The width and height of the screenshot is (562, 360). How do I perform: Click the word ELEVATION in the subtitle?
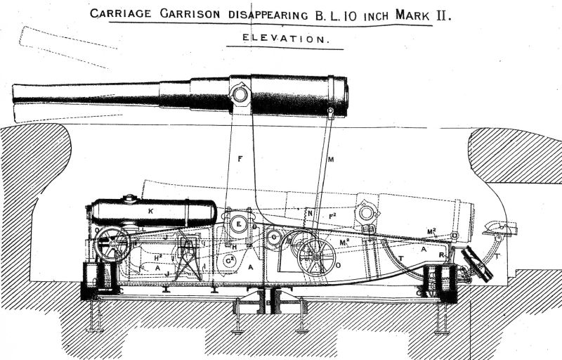285,40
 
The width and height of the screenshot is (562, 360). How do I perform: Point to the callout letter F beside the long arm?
240,159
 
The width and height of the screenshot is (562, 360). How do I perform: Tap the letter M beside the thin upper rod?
330,160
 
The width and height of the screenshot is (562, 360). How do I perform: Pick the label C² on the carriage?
229,260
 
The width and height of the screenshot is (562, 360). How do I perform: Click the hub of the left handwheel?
113,245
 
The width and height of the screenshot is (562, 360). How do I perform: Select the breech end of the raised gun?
344,96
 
